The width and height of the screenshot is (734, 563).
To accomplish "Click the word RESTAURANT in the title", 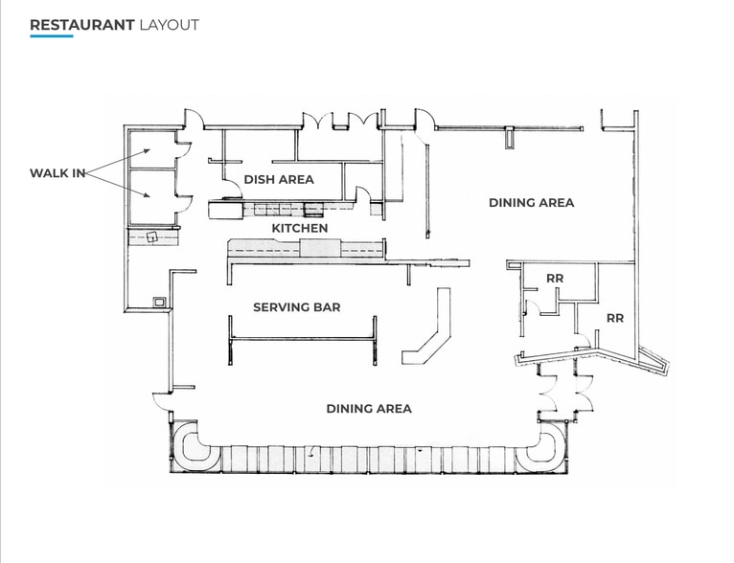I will pyautogui.click(x=81, y=25).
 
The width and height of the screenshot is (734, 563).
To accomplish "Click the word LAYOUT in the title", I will pyautogui.click(x=169, y=25).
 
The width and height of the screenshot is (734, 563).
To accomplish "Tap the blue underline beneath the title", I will pyautogui.click(x=51, y=36).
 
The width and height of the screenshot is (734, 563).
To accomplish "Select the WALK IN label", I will pyautogui.click(x=57, y=173).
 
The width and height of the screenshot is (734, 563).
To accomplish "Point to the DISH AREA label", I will pyautogui.click(x=279, y=179).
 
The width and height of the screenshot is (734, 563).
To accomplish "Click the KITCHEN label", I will pyautogui.click(x=300, y=228).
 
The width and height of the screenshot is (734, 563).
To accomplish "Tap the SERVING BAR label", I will pyautogui.click(x=297, y=307).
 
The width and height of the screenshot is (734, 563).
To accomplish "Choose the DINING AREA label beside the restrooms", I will pyautogui.click(x=531, y=202).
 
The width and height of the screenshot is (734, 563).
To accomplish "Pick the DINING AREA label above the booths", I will pyautogui.click(x=369, y=409).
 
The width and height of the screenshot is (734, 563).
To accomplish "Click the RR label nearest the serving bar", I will pyautogui.click(x=554, y=279).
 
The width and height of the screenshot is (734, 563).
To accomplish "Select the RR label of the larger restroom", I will pyautogui.click(x=614, y=318).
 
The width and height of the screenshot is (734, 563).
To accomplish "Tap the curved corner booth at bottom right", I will pyautogui.click(x=551, y=447).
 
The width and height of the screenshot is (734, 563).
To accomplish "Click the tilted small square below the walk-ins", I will pyautogui.click(x=151, y=236).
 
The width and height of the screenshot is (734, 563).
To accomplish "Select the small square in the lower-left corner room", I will pyautogui.click(x=158, y=302).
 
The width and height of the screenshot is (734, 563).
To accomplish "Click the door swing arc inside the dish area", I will pyautogui.click(x=231, y=189).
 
